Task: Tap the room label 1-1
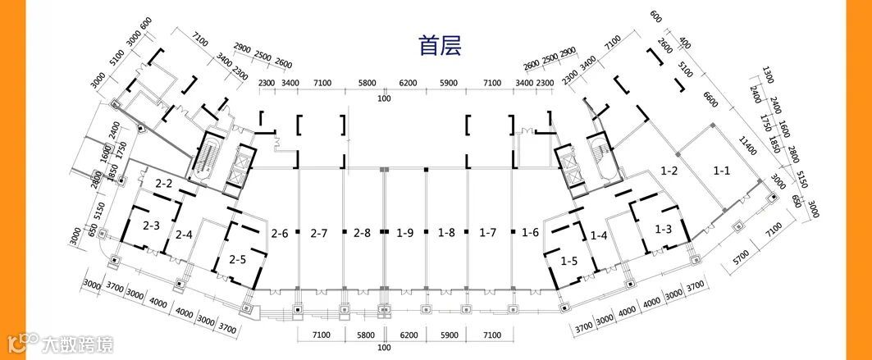[722, 171]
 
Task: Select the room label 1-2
[669, 171]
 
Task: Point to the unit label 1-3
[663, 229]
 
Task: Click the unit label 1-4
[599, 235]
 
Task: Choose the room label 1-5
[569, 261]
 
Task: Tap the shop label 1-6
[530, 233]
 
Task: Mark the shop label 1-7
[488, 233]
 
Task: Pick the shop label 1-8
[446, 233]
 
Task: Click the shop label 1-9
[404, 233]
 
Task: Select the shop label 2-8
[362, 233]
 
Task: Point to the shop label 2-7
[319, 233]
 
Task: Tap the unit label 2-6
[279, 233]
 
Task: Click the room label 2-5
[238, 260]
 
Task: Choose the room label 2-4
[183, 235]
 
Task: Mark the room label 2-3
[150, 225]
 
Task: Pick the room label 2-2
[163, 184]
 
